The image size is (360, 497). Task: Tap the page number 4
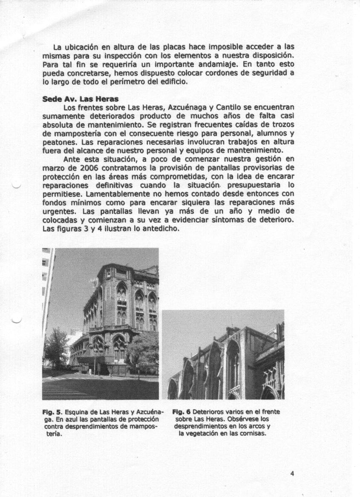click(x=292, y=473)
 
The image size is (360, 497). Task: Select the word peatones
click(x=58, y=142)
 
